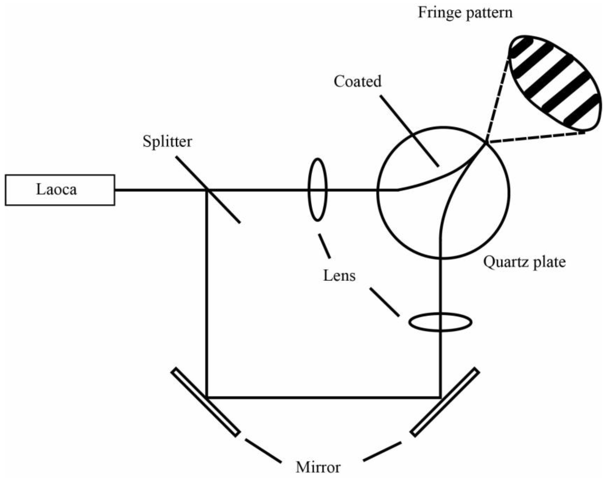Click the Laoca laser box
[x=60, y=190]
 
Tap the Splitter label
[x=167, y=141]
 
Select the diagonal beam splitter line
[x=222, y=205]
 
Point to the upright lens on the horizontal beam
[x=317, y=190]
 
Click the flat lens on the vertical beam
[x=440, y=322]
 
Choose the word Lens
[x=339, y=276]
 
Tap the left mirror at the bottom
[x=206, y=402]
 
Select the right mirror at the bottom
[x=445, y=402]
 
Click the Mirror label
[x=318, y=467]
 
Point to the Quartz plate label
[x=524, y=262]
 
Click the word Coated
[x=357, y=81]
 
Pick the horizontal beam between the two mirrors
[x=323, y=397]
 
